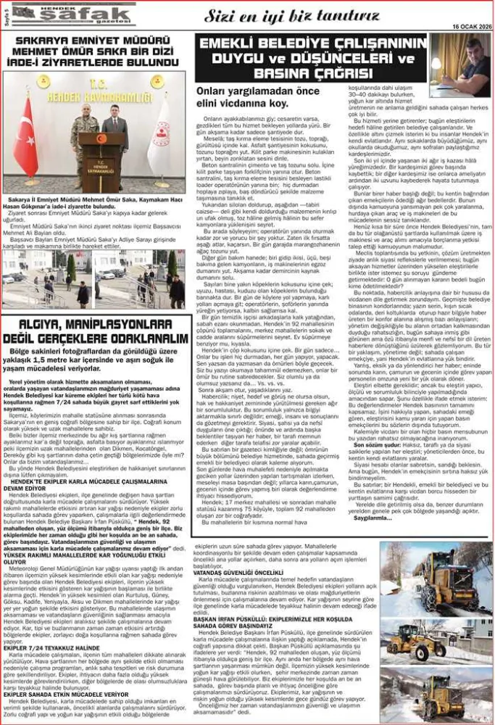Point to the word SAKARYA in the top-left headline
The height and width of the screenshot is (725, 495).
coord(50,43)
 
